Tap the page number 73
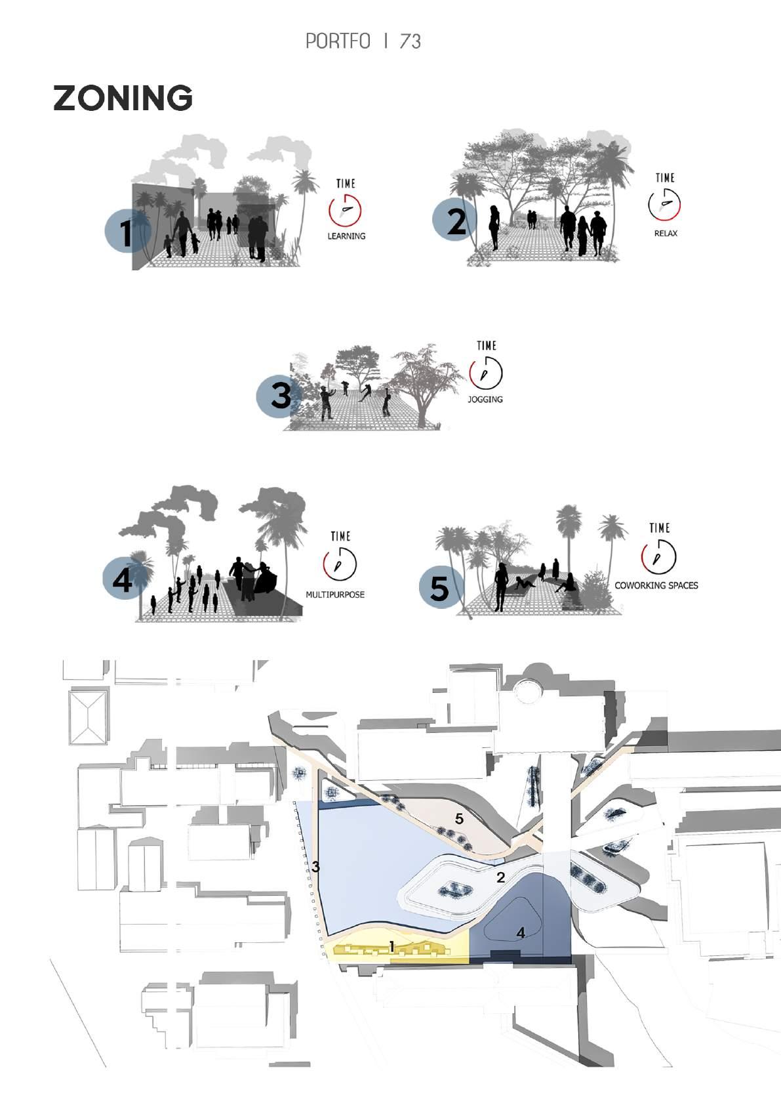[410, 41]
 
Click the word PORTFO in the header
[338, 41]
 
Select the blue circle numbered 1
[126, 231]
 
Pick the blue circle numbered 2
[454, 220]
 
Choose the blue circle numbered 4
[124, 578]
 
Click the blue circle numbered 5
[441, 587]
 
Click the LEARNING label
[346, 236]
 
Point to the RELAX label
[666, 234]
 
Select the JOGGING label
[485, 400]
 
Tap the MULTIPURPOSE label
[335, 595]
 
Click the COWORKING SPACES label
[656, 585]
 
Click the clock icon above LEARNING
[345, 210]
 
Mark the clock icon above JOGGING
[486, 373]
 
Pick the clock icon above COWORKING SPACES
[659, 556]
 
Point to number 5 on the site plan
[459, 819]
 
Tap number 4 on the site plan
[521, 932]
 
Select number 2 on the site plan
[501, 877]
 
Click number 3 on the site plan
[315, 866]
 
